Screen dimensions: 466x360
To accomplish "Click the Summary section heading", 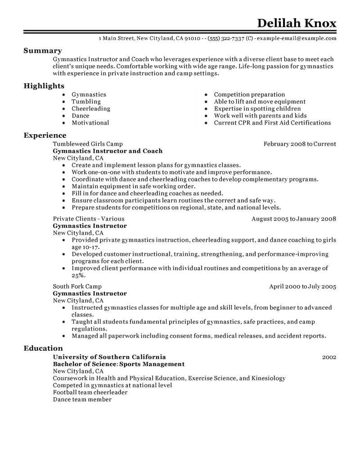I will pyautogui.click(x=42, y=51).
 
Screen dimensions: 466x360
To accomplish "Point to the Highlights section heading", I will pyautogui.click(x=44, y=86).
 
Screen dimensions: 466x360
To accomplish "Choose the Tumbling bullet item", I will pyautogui.click(x=86, y=102).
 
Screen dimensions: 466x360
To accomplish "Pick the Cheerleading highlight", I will pyautogui.click(x=90, y=109).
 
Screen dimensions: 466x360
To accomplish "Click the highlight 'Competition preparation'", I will pyautogui.click(x=249, y=95).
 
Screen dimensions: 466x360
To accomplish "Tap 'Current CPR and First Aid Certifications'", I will pyautogui.click(x=272, y=122).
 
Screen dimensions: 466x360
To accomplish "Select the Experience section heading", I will pyautogui.click(x=45, y=135).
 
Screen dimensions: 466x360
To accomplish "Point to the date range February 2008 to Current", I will pyautogui.click(x=300, y=144).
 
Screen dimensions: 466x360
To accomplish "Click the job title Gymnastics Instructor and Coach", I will pyautogui.click(x=108, y=151).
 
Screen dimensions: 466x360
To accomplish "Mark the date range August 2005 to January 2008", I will pyautogui.click(x=294, y=219).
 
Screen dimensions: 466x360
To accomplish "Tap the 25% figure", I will pyautogui.click(x=78, y=275).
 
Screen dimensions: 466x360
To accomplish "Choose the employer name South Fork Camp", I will pyautogui.click(x=77, y=286).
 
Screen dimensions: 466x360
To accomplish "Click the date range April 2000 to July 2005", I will pyautogui.click(x=302, y=286).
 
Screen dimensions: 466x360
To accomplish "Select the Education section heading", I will pyautogui.click(x=43, y=348).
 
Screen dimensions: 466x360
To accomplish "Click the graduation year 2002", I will pyautogui.click(x=329, y=357).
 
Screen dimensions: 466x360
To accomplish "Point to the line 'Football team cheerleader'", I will pyautogui.click(x=90, y=392).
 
